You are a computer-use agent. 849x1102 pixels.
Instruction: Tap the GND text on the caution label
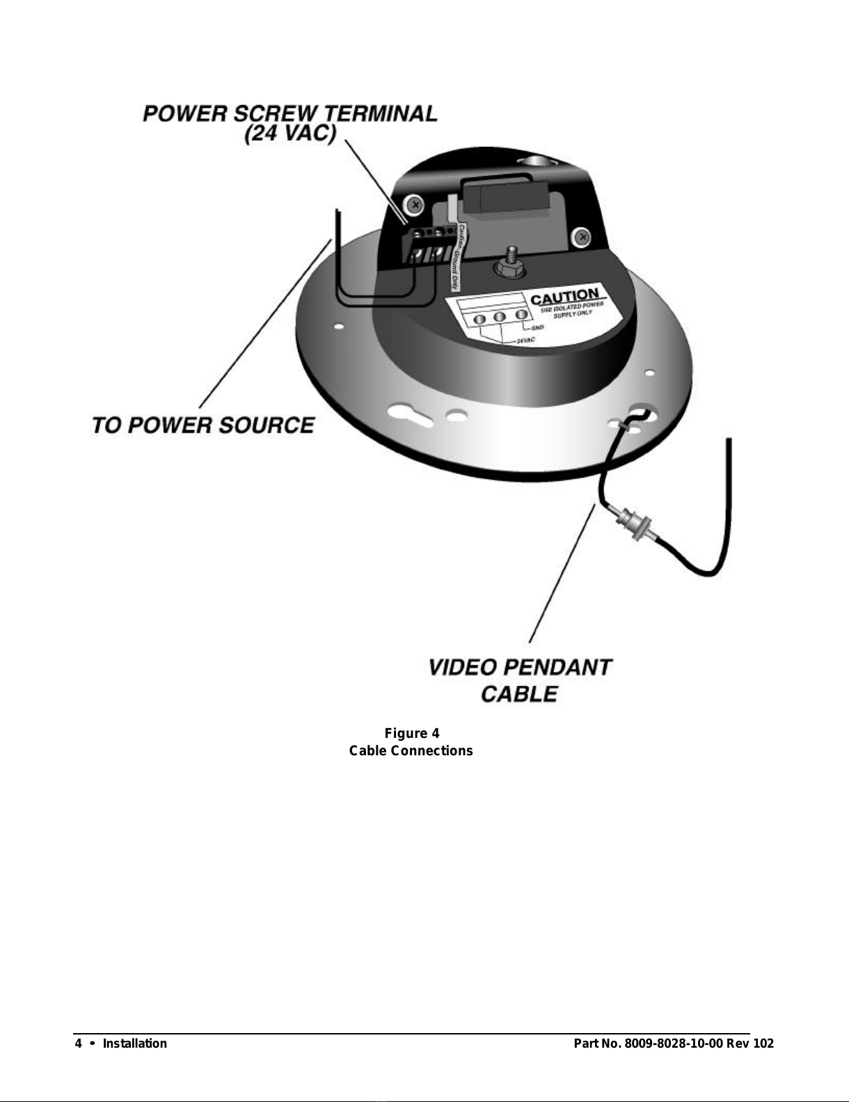point(538,327)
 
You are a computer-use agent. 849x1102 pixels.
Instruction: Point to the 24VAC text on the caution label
point(525,340)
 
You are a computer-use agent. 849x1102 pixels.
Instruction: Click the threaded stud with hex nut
point(511,261)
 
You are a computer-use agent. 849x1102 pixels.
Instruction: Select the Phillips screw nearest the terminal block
point(415,205)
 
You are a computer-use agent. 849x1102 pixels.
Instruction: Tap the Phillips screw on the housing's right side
point(580,238)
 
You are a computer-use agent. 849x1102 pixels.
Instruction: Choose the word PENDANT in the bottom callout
point(557,668)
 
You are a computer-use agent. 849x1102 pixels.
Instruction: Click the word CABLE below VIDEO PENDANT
point(519,694)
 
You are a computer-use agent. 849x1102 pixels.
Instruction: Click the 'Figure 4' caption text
point(412,734)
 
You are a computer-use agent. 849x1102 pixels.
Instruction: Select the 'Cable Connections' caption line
point(411,751)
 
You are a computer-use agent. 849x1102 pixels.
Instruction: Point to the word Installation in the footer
point(135,1044)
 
